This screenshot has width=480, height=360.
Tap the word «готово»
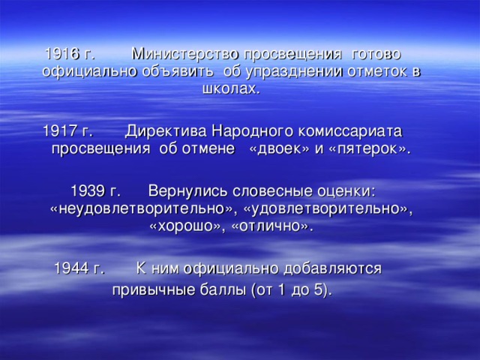coord(376,55)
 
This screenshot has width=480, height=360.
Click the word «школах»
coord(230,89)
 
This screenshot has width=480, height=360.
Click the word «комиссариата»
coord(349,130)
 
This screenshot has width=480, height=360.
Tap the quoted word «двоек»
coord(274,148)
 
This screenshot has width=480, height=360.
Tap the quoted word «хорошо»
coord(187,224)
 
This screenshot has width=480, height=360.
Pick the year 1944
coord(70,268)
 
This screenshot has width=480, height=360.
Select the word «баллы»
coord(218,289)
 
